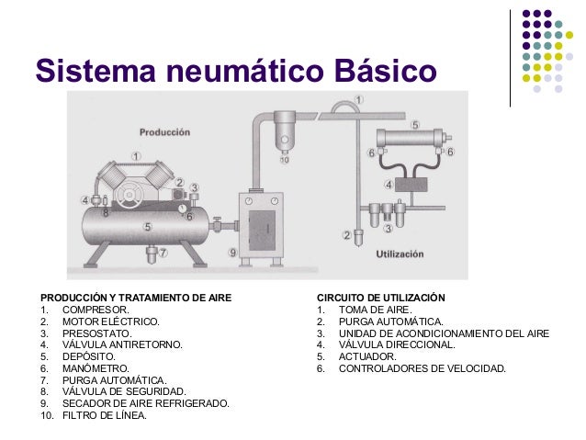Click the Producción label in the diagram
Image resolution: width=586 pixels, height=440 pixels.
(165, 132)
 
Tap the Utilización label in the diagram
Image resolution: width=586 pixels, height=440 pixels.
(400, 253)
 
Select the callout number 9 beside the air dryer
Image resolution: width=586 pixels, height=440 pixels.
(232, 252)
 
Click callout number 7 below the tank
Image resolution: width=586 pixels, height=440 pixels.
(163, 252)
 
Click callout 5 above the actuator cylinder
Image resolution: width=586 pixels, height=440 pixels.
(414, 124)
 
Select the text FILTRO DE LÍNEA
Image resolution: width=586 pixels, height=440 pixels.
(104, 415)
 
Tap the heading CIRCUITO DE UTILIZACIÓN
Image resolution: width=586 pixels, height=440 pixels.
(380, 299)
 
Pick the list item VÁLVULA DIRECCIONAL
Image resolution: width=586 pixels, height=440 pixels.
(396, 344)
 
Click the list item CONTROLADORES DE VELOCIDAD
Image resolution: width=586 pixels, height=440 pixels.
(422, 368)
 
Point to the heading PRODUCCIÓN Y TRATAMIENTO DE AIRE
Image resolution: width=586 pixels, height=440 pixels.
(135, 299)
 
